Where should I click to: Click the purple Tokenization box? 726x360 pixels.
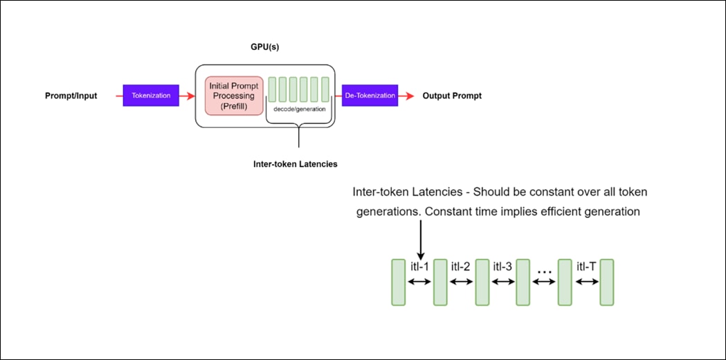tap(150, 96)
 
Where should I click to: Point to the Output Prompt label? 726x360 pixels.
tap(452, 96)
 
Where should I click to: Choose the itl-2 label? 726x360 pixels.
tap(461, 267)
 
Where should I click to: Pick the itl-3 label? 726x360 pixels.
tap(502, 267)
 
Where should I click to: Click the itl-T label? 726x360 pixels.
tap(586, 267)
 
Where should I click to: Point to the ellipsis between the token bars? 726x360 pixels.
tap(544, 271)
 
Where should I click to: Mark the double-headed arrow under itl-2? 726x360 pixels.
tap(461, 282)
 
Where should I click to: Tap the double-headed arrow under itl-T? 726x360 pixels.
tap(586, 282)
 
